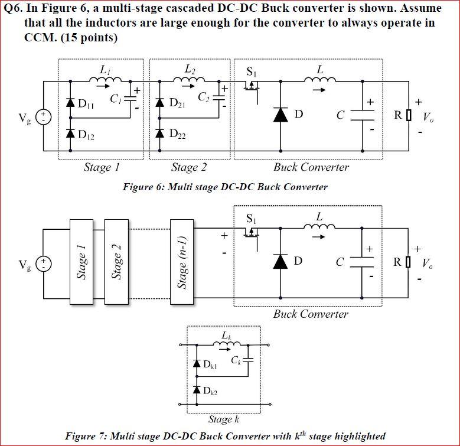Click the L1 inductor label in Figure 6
tap(105, 70)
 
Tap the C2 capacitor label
tap(204, 97)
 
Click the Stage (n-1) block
tap(183, 262)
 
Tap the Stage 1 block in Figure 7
tap(82, 262)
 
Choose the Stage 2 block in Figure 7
tap(116, 262)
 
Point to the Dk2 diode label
tap(210, 392)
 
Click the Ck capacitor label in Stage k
tap(236, 360)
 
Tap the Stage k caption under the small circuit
tap(223, 419)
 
